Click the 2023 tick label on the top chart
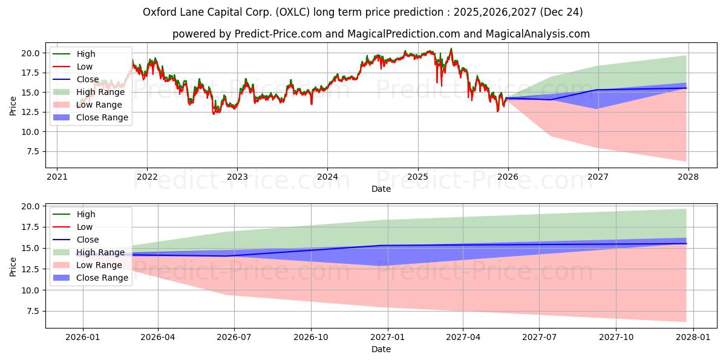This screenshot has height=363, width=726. (237, 177)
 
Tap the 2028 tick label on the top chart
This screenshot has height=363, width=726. (688, 177)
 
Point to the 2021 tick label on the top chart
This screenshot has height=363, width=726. (57, 177)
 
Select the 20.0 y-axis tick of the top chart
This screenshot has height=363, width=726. (30, 53)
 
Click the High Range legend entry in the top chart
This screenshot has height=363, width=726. (100, 92)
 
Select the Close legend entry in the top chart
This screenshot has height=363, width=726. (88, 79)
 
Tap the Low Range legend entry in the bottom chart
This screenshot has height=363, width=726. (99, 265)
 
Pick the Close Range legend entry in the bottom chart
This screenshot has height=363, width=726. (102, 278)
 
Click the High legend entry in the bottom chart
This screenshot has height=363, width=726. (86, 214)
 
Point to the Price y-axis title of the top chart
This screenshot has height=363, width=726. (13, 106)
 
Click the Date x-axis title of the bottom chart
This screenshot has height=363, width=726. (381, 349)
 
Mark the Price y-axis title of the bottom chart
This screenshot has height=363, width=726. (13, 266)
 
